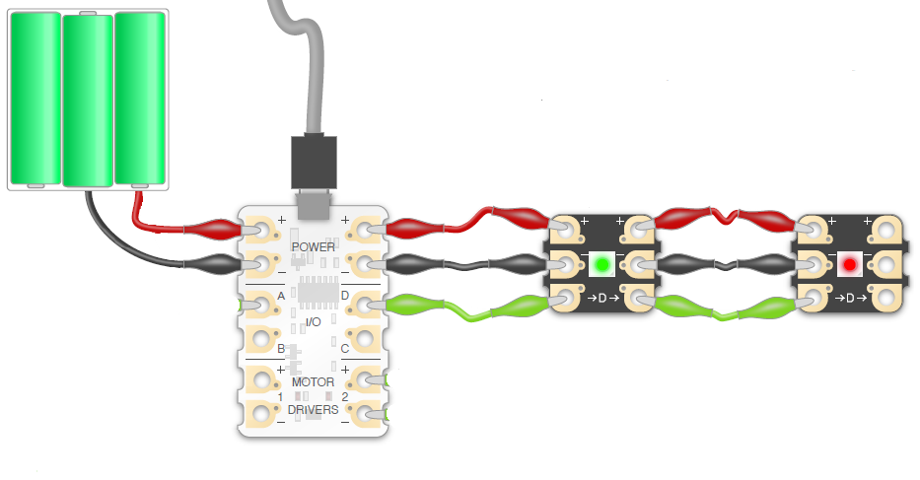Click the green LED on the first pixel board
601,264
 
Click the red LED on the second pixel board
848,264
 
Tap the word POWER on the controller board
314,246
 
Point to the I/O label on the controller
313,322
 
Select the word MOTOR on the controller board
313,381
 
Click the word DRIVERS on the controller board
313,409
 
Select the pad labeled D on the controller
365,303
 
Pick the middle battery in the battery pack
88,99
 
